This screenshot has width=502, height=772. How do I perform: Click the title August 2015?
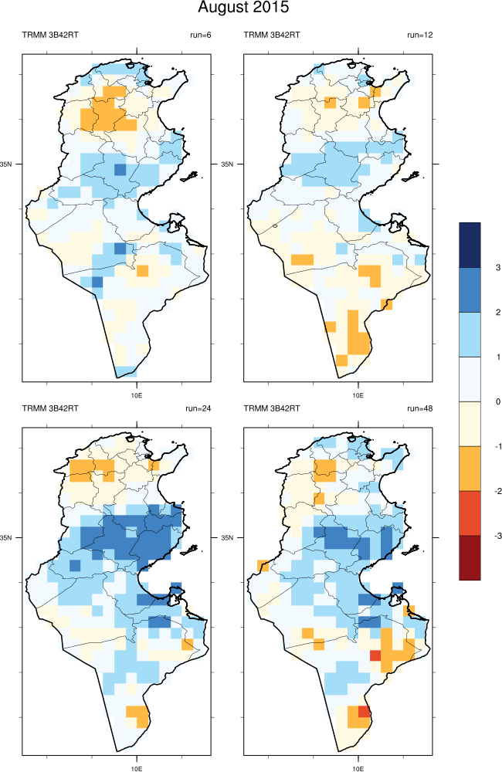tap(243, 8)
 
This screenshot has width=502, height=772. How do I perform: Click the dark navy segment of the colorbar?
tap(470, 245)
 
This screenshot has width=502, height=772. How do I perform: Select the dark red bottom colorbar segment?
tap(470, 557)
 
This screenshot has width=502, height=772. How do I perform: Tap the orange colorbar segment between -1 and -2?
tap(470, 468)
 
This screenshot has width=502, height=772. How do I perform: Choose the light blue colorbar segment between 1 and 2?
tap(470, 334)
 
